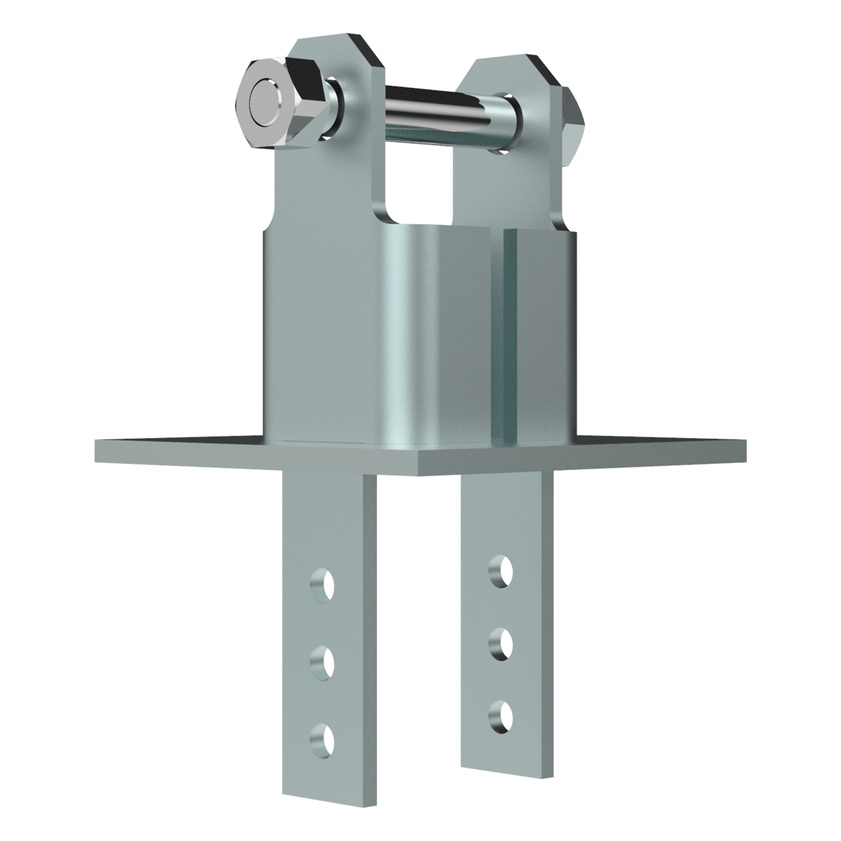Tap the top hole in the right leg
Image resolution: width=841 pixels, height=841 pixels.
pos(500,569)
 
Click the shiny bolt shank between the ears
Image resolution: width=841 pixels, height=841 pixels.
pos(447,113)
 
